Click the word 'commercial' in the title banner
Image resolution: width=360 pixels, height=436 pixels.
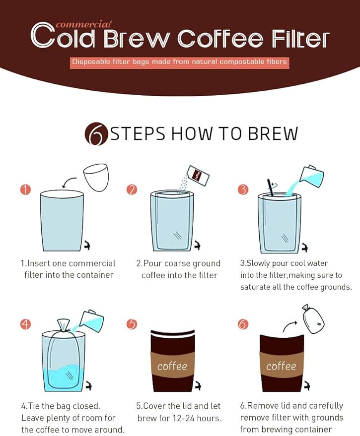pos(83,24)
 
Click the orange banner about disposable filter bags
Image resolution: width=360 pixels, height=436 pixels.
pos(179,62)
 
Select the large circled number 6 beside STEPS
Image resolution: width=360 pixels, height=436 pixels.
pos(96,133)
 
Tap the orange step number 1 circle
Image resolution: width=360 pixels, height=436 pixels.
pos(25,189)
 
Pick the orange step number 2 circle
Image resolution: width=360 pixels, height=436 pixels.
pos(132,189)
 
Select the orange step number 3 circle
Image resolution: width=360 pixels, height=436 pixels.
pos(243,189)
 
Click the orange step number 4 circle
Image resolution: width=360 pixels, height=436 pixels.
pos(25,324)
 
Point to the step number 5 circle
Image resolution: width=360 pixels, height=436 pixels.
pos(132,324)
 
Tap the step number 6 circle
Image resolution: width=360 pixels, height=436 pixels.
pos(243,324)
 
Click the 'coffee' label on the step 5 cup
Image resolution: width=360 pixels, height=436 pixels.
pos(172,367)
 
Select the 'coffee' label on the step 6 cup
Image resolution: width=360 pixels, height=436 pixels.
pos(281,367)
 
